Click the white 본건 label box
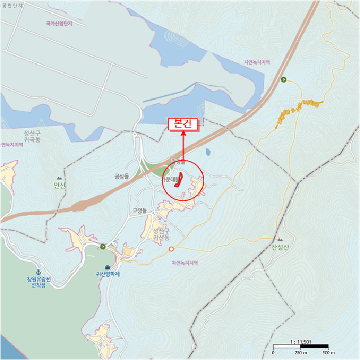click(183, 123)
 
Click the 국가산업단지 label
click(59, 24)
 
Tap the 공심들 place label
click(121, 176)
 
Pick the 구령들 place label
click(139, 211)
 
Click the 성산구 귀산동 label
click(161, 236)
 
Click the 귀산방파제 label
click(107, 274)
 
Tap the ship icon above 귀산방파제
click(107, 266)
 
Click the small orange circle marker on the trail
click(171, 249)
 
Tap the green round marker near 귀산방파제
click(103, 247)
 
